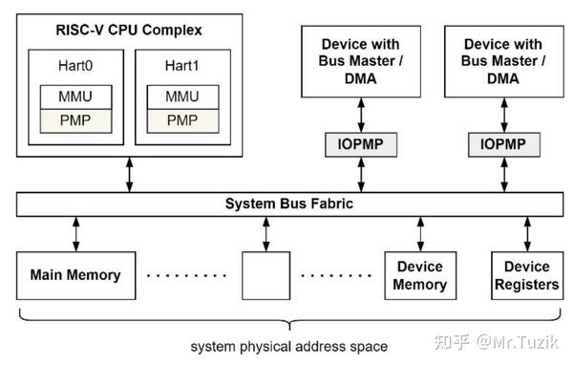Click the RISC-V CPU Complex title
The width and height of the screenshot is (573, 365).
128,29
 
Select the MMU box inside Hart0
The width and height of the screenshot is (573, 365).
74,97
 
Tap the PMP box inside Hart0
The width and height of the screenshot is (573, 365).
74,120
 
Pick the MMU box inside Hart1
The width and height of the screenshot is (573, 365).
182,97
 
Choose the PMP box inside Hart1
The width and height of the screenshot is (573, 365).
182,120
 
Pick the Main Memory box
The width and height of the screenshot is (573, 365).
75,275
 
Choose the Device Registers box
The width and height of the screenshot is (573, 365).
526,275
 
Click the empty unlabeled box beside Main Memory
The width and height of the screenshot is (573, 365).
265,275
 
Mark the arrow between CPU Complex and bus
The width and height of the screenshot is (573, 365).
130,175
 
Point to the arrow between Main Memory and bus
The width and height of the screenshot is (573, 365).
75,234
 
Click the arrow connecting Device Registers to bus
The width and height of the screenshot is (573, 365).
526,234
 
